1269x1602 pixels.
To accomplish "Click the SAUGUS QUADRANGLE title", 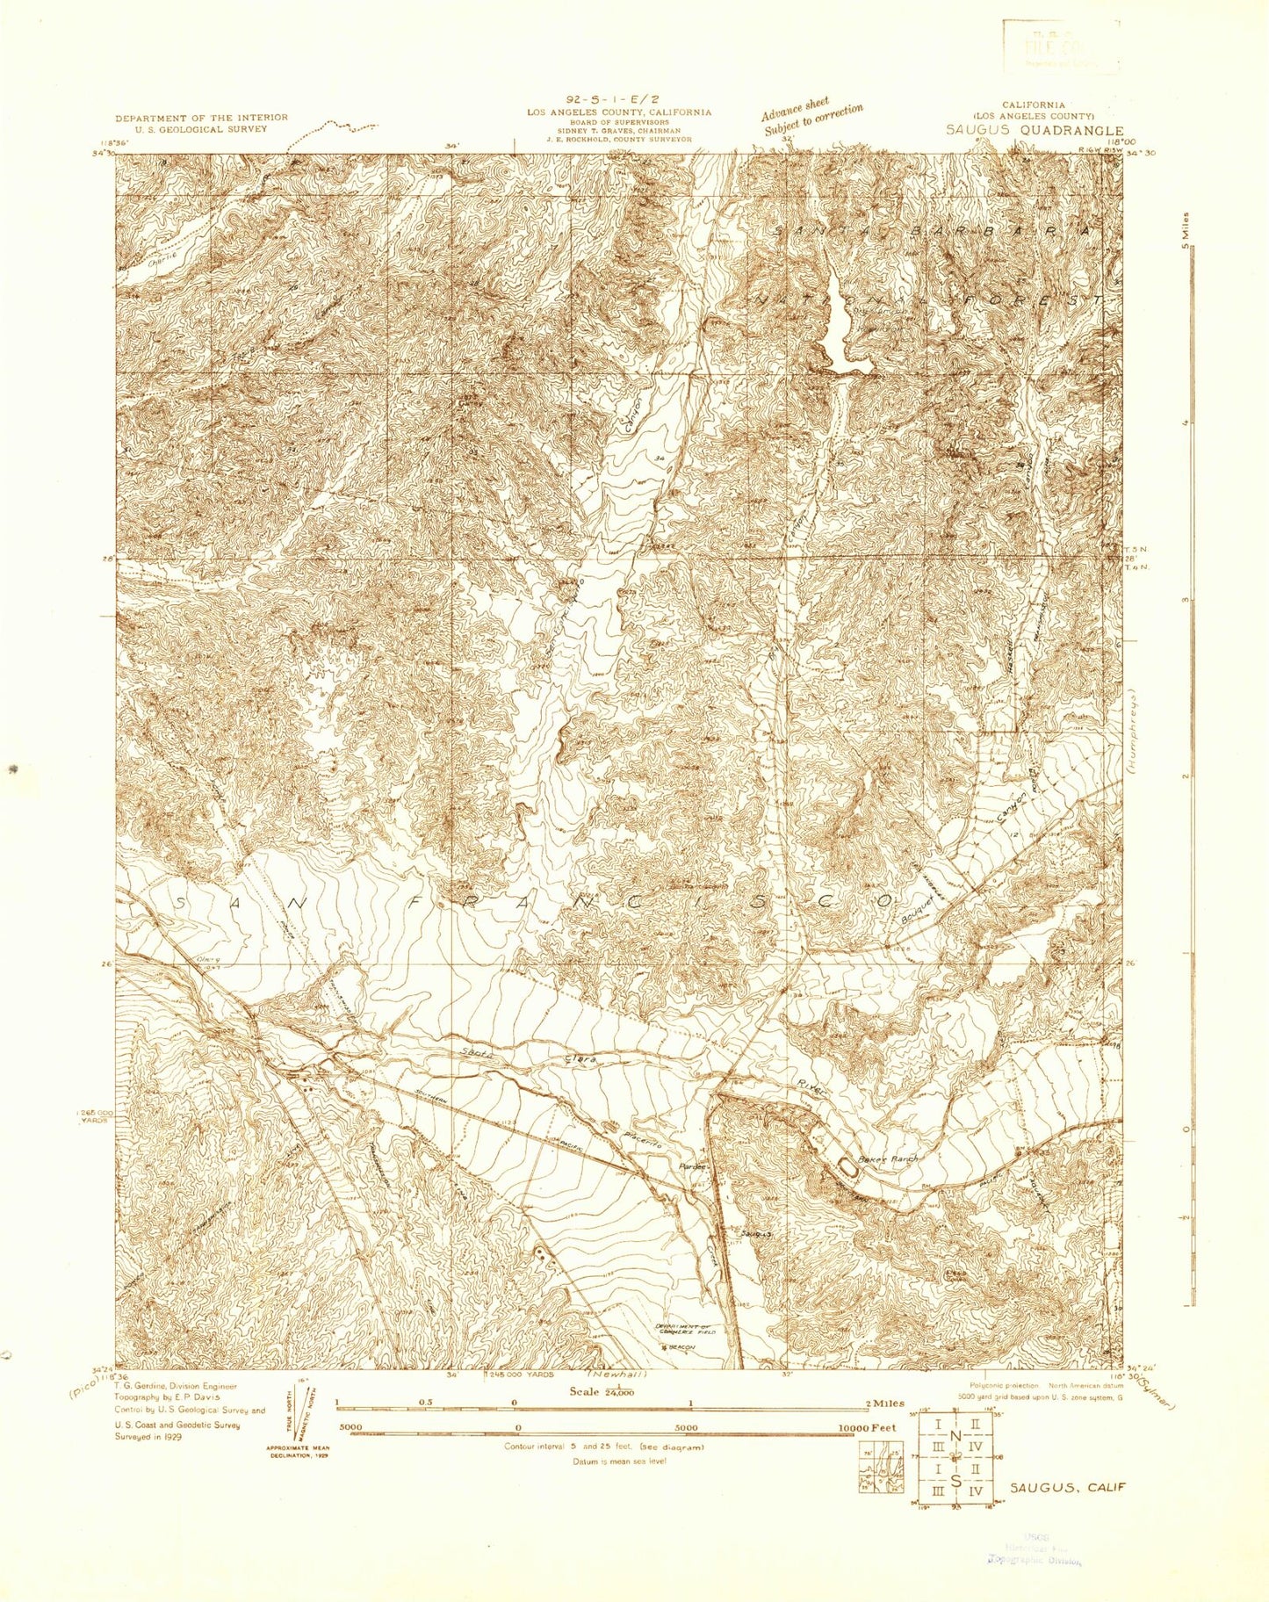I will pyautogui.click(x=1034, y=130).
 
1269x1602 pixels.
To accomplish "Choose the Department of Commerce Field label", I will pyautogui.click(x=686, y=1329).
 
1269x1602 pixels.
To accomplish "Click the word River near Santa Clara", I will pyautogui.click(x=811, y=1088).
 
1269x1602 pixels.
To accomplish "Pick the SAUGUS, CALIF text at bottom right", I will pyautogui.click(x=1067, y=1488).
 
